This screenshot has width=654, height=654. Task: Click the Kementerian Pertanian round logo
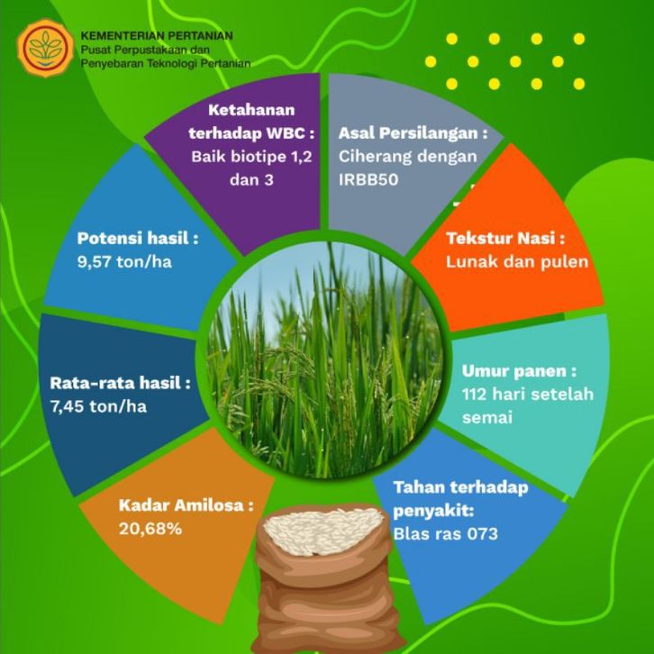point(45,48)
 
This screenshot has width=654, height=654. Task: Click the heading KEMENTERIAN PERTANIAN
point(157,36)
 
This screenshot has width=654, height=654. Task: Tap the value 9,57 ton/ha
point(124,262)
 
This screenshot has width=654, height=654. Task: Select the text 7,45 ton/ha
point(98,406)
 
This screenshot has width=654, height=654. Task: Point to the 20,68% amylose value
point(150,529)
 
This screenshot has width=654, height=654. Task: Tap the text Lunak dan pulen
point(517,262)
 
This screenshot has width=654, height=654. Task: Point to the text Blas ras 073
point(445,534)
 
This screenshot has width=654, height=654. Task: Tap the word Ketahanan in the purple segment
point(251,110)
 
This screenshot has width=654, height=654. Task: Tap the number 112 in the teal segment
point(474,395)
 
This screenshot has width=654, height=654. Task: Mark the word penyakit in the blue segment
point(433,512)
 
